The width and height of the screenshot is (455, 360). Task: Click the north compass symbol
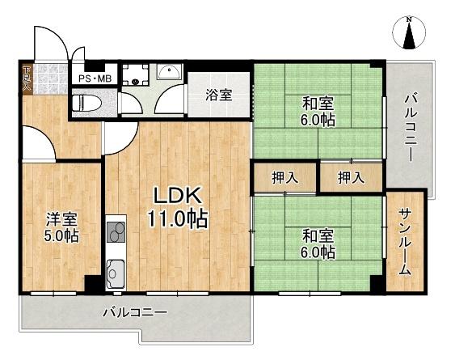410,33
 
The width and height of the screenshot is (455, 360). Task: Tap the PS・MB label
94,78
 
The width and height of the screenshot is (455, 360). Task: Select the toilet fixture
86,104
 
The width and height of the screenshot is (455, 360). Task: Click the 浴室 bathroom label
219,95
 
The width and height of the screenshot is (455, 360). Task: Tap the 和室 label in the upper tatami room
318,104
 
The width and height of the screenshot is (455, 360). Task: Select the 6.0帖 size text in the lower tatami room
319,253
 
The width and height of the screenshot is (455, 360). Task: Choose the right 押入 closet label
350,177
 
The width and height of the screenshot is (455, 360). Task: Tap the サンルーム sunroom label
405,240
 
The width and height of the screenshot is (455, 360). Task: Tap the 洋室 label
61,218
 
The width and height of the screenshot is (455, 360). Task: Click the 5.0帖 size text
61,237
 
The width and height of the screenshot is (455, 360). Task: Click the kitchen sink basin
116,273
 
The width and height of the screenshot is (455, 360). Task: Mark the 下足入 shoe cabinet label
27,78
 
